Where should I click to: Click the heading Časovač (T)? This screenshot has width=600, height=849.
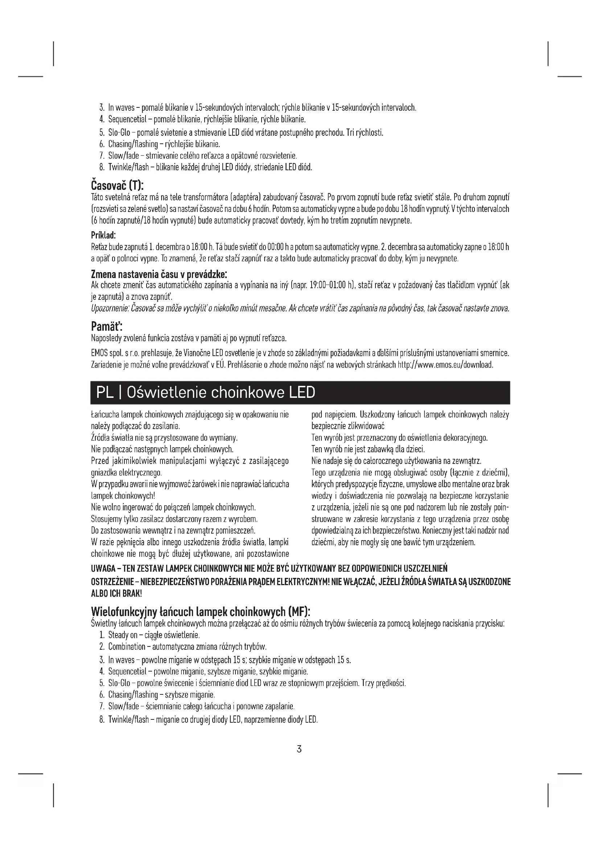pos(117,184)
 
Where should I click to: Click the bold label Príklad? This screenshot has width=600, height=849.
pos(103,235)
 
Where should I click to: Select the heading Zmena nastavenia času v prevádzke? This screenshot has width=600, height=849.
pos(159,274)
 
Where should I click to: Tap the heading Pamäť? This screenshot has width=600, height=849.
pos(107,327)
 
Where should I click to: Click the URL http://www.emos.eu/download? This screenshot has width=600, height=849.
pos(445,365)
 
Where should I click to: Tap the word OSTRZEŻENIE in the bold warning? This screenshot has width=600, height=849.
pos(112,581)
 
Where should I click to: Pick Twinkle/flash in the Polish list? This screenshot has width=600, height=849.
pos(128,719)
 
